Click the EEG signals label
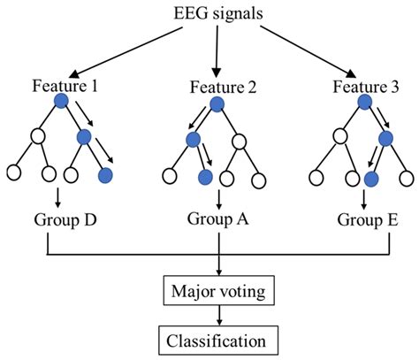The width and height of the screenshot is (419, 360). point(218,14)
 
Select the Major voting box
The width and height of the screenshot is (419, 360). point(218,290)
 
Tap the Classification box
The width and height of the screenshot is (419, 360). point(218,341)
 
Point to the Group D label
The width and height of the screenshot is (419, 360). point(65,220)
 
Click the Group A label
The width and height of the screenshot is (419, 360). point(218,219)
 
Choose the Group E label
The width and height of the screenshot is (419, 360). point(368,220)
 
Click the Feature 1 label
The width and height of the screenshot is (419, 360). point(65,86)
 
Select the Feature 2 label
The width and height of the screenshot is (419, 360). point(223,88)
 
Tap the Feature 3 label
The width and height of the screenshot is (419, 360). point(366,87)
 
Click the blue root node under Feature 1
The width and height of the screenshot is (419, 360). point(61,101)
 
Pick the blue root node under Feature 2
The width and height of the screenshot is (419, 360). point(217,104)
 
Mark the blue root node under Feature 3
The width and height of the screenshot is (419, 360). point(365,103)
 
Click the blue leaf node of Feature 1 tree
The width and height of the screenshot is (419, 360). point(105,176)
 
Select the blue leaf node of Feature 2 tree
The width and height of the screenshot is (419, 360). point(205,178)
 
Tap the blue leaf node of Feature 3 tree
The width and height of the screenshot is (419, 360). point(371,179)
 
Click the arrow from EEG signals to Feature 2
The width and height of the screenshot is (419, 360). point(217,51)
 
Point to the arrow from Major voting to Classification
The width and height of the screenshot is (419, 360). point(218,315)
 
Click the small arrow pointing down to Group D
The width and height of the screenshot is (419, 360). point(58,197)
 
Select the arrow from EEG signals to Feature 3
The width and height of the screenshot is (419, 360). point(309,52)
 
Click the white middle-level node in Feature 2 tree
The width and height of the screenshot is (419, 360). point(239,142)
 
